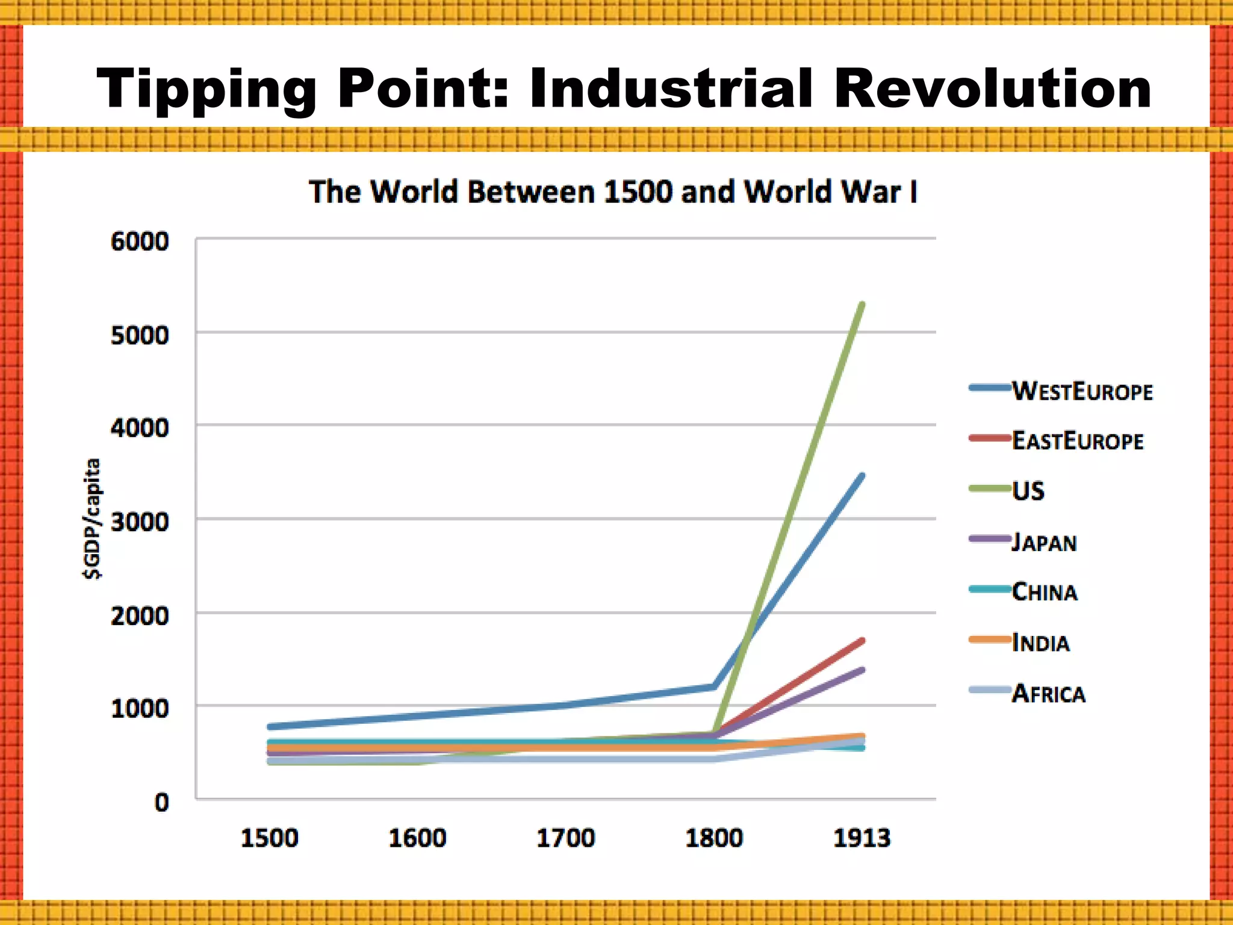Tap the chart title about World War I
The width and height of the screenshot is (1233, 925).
pos(613,192)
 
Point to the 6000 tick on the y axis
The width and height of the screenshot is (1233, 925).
pos(140,241)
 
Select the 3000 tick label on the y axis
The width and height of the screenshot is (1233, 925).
pos(140,522)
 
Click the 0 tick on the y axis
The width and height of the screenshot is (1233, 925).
pos(161,802)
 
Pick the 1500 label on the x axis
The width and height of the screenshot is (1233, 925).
pos(269,838)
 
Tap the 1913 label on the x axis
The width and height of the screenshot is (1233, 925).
pos(862,838)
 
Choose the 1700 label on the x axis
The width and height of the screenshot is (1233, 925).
pos(565,838)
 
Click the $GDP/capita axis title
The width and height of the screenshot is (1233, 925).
pos(92,519)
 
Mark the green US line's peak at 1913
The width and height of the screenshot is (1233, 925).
pos(862,305)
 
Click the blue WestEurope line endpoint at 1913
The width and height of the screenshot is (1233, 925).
pos(862,476)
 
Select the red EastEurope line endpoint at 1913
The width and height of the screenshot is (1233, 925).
pos(862,640)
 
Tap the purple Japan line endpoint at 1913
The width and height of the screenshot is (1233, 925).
pos(862,670)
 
